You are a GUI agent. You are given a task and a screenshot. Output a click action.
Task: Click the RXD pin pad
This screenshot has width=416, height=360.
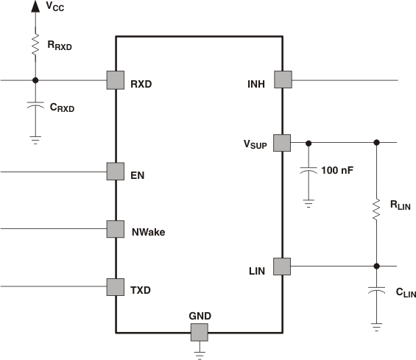(115, 80)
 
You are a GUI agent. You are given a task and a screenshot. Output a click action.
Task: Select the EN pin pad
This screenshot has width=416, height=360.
(115, 172)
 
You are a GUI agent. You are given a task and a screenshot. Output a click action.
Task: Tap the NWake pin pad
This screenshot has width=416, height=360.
(115, 228)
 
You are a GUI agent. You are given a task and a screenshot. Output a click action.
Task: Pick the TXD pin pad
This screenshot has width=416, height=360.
(115, 286)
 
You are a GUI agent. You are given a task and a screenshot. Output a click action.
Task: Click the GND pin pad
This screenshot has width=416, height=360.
(200, 332)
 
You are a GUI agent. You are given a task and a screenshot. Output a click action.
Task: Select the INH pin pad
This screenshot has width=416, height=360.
(282, 80)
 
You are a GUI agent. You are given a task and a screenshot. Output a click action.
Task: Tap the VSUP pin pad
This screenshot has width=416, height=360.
(282, 142)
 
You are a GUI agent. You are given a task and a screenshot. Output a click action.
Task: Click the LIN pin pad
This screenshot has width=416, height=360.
(282, 266)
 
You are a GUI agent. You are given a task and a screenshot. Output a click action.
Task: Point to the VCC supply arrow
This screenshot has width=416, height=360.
(33, 7)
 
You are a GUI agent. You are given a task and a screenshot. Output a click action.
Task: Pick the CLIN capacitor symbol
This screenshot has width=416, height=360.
(376, 292)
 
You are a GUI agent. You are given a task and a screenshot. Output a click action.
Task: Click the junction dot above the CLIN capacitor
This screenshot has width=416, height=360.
(376, 266)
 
